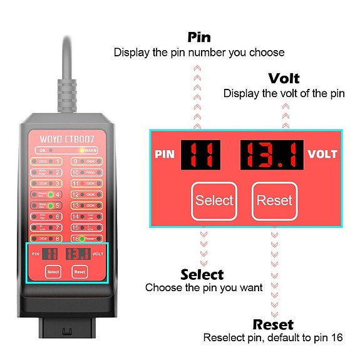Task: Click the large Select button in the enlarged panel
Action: click(213, 200)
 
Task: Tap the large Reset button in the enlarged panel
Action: click(274, 200)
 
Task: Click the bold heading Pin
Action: click(198, 37)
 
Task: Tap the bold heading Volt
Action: click(284, 78)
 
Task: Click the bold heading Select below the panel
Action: click(202, 274)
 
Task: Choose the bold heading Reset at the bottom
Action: click(272, 324)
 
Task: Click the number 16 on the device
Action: click(76, 238)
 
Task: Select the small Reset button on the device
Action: click(80, 272)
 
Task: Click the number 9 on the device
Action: click(76, 161)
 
